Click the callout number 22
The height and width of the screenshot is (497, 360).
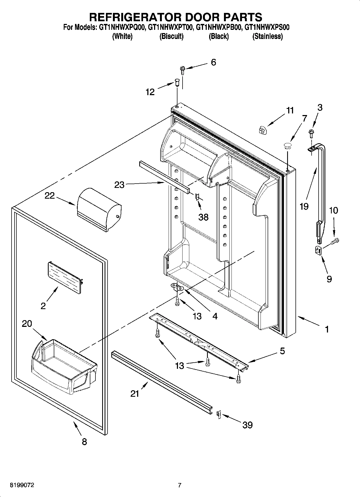tap(49, 195)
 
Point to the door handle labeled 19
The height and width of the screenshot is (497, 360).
tap(320, 185)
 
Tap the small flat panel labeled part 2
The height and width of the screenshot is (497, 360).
tap(65, 278)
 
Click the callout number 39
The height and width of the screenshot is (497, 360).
tap(248, 425)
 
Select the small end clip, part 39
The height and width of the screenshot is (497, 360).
tap(219, 414)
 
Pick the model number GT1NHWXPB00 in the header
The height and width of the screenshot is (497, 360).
tap(219, 27)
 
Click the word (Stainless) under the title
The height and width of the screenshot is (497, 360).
tap(267, 36)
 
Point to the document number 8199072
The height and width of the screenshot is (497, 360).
tap(22, 485)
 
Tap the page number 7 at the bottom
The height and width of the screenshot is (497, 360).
tap(180, 485)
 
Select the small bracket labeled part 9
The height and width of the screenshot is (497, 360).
tap(318, 251)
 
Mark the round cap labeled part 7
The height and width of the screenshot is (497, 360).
tap(288, 146)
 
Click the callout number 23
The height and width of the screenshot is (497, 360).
tap(119, 185)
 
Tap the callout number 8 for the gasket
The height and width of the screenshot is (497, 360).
tap(84, 442)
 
